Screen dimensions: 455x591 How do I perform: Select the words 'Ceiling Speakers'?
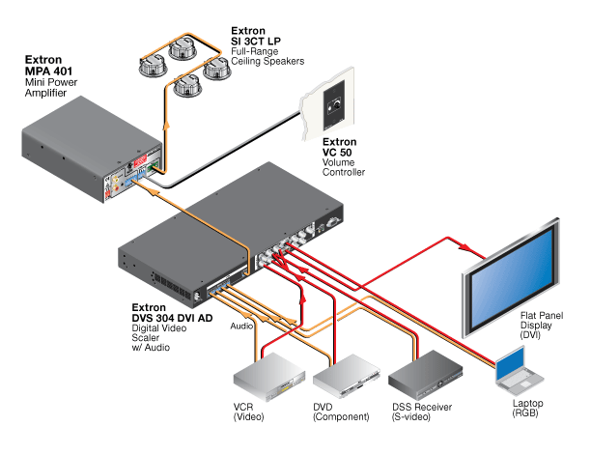[x=267, y=62]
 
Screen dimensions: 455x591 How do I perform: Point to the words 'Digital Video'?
[x=157, y=327]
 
